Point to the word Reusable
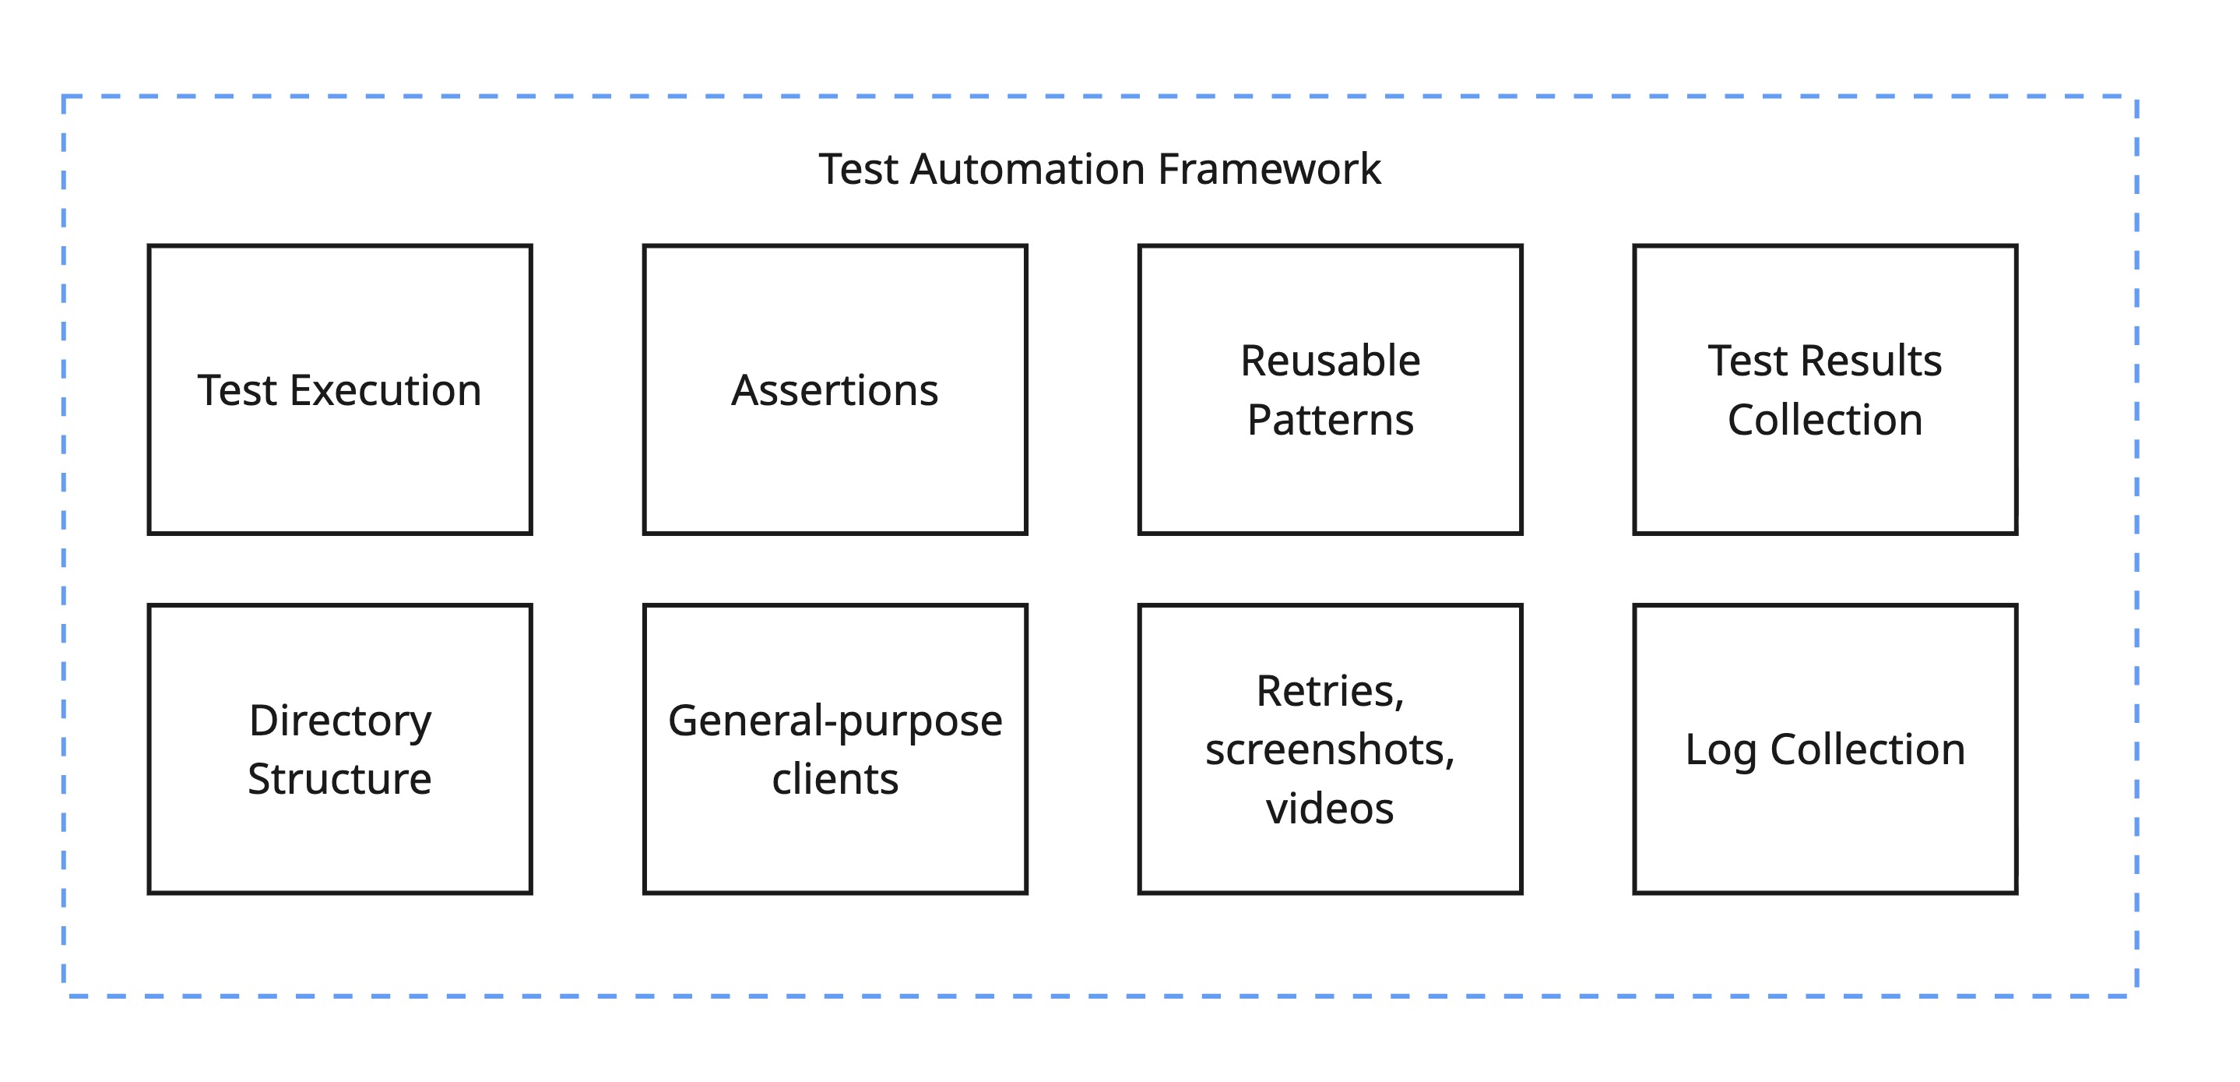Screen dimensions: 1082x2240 1330,360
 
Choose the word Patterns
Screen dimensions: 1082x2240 1330,420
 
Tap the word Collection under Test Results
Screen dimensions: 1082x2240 1824,420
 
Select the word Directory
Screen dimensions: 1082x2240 340,721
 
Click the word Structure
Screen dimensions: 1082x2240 339,778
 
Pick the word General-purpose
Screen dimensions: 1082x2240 835,721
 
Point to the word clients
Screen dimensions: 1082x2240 835,778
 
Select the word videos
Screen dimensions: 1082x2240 1330,808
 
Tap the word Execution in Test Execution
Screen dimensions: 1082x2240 385,390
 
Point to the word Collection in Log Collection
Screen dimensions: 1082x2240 1867,749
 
